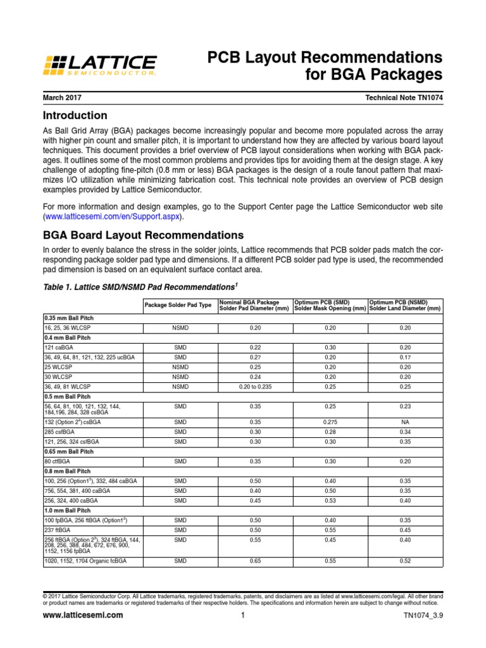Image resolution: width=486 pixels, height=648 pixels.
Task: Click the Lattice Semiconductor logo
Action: coord(99,65)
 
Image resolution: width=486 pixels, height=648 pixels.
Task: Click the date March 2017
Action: coord(63,98)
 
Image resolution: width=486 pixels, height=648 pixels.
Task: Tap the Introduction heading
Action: coord(75,116)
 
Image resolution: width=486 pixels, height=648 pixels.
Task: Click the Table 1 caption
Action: coord(137,286)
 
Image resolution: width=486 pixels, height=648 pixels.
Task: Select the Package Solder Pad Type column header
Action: coord(178,305)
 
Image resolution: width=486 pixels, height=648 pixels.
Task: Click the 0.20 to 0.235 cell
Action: coord(255,386)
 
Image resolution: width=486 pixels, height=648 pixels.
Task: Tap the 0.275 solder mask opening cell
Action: coord(330,421)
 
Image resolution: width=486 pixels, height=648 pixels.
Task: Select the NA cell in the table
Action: coord(405,421)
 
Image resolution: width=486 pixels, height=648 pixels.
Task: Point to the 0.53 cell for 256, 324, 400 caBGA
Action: coord(330,501)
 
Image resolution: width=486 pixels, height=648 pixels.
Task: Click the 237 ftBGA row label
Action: coord(56,530)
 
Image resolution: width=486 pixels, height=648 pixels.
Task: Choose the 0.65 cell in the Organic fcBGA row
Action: coord(255,561)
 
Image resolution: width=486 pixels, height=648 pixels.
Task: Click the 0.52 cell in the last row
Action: coord(405,561)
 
